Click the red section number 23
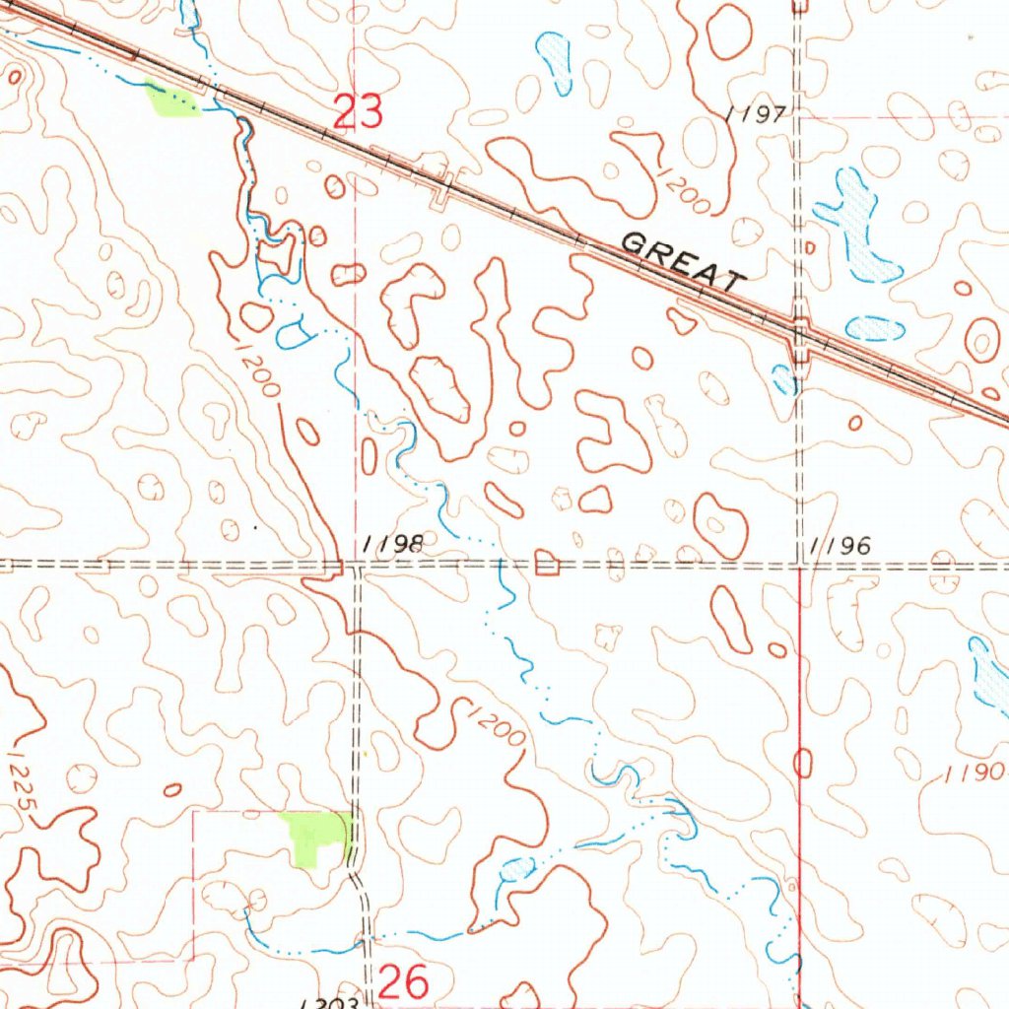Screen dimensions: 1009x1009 point(358,111)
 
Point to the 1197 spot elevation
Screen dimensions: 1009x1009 point(757,115)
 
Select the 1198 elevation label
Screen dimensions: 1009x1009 point(393,544)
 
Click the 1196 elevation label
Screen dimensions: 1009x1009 point(840,545)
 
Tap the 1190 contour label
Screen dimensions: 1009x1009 point(974,774)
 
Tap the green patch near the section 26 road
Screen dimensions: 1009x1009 point(317,837)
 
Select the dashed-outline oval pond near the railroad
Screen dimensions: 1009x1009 point(874,328)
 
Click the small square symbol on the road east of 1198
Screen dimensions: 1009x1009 point(546,565)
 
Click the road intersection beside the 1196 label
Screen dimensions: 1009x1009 point(800,566)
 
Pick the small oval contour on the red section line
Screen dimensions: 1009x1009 point(802,764)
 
